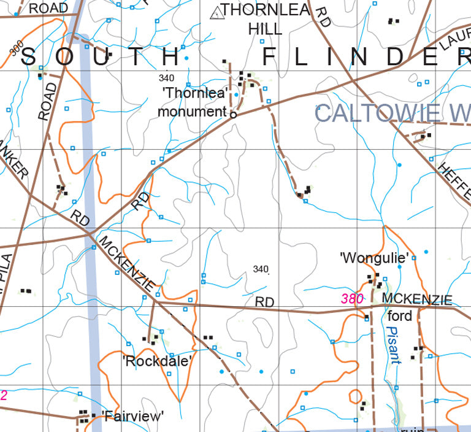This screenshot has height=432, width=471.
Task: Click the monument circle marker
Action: tap(233, 114)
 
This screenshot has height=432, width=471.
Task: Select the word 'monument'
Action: tap(192, 112)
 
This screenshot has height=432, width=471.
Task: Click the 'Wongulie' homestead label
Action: tap(374, 258)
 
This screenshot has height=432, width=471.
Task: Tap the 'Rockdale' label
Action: tap(158, 360)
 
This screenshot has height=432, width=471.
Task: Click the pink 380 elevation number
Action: tap(353, 299)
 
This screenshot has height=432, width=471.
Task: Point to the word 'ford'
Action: tap(400, 317)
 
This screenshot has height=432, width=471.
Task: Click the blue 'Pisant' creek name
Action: tap(394, 345)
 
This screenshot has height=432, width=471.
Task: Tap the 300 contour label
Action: tap(17, 48)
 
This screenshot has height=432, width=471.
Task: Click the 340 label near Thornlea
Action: tap(166, 78)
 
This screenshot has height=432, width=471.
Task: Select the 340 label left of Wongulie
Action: tap(261, 269)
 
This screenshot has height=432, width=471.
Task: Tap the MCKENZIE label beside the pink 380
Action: tap(417, 299)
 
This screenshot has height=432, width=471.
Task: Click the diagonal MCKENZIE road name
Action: tap(132, 264)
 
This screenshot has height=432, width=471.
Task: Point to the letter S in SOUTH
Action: tap(29, 57)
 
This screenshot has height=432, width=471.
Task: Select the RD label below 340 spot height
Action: tap(264, 303)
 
